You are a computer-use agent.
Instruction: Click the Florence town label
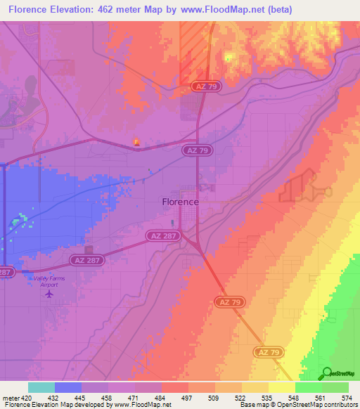[x=180, y=202]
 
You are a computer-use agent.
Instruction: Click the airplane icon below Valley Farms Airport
[x=49, y=293]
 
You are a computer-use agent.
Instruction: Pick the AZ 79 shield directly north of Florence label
[x=196, y=150]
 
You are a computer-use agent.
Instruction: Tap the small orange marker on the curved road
[x=137, y=142]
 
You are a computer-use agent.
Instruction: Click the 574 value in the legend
[x=347, y=397]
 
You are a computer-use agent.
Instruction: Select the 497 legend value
[x=187, y=397]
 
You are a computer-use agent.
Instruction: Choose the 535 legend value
[x=267, y=397]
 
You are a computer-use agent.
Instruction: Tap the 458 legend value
[x=107, y=397]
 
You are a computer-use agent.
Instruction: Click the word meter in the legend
[x=9, y=397]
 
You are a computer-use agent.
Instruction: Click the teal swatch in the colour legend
[x=41, y=387]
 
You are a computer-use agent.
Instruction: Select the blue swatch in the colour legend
[x=67, y=387]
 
